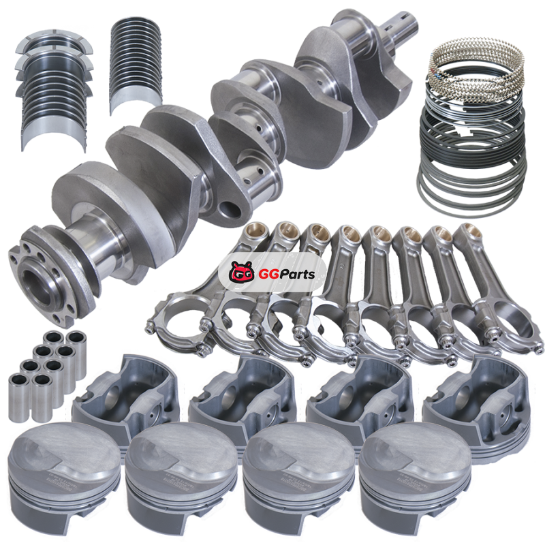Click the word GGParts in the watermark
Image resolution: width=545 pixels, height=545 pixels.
[x=287, y=275]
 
